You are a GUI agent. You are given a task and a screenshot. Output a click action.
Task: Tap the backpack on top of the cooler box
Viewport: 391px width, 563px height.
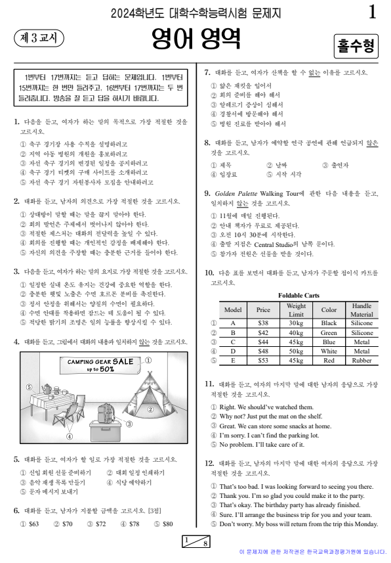104,413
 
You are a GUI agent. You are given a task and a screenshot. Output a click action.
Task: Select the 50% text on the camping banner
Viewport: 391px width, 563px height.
106,369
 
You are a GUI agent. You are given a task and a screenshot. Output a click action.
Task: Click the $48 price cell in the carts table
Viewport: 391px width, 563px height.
263,351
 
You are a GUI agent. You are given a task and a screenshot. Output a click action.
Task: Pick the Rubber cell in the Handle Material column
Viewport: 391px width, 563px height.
361,361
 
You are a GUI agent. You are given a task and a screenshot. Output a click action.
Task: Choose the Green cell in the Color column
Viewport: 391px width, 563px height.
329,333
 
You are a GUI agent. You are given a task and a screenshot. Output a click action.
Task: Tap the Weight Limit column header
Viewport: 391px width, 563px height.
296,310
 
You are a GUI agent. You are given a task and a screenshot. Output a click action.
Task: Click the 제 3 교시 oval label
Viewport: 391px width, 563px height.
38,38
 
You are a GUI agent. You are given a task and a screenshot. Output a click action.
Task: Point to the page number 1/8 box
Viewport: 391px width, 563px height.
195,542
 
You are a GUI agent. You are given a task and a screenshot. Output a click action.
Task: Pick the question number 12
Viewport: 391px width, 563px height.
209,462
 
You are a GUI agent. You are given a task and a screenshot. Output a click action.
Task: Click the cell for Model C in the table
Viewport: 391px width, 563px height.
233,342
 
